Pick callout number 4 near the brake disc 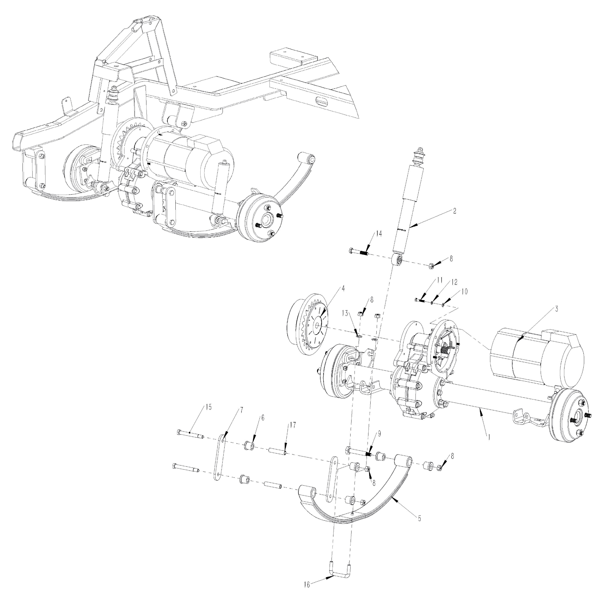point(343,289)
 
